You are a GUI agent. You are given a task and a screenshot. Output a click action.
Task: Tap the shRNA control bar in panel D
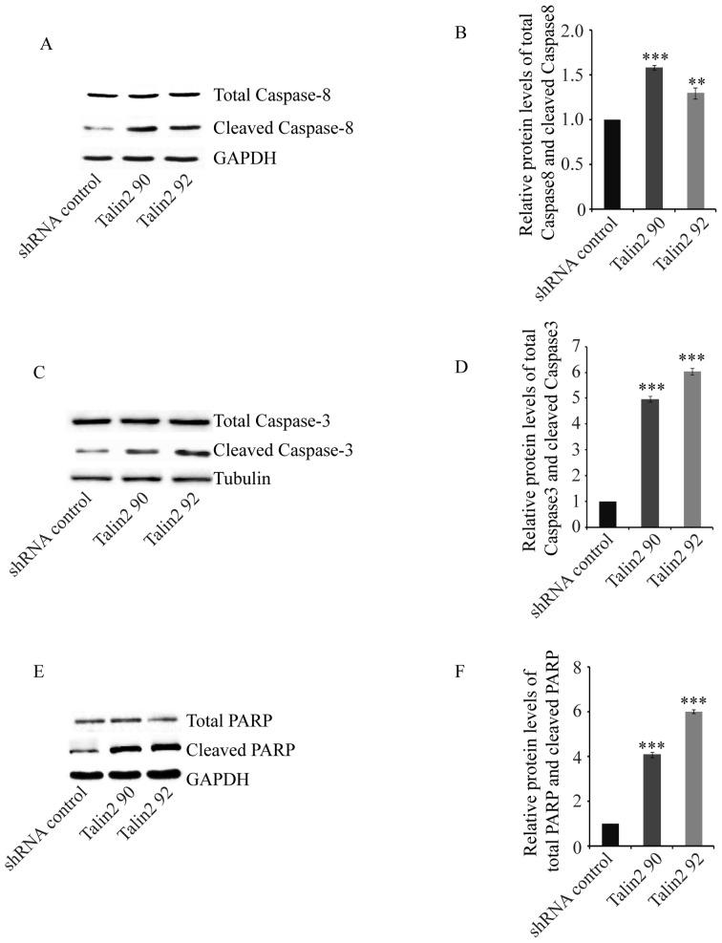[x=608, y=513]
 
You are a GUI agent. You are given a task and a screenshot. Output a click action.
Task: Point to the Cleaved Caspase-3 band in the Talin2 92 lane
[x=186, y=451]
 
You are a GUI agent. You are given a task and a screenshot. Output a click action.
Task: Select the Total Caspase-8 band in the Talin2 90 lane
[x=139, y=96]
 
